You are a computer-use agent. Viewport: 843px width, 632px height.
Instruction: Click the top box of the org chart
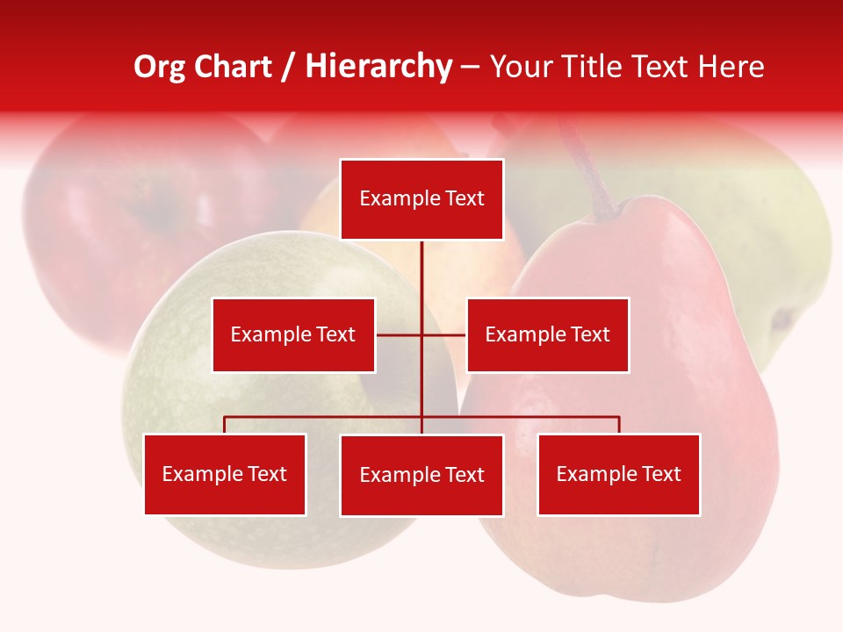[421, 199]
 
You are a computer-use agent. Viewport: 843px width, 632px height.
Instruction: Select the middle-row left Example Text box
[293, 334]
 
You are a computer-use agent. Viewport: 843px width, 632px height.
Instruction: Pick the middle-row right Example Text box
[547, 334]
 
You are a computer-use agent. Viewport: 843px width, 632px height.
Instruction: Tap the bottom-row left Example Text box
[225, 474]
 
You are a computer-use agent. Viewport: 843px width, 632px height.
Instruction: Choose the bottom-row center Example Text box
[421, 475]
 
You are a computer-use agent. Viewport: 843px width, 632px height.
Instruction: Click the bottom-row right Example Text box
[618, 474]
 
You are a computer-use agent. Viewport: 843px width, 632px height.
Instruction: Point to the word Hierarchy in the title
[378, 67]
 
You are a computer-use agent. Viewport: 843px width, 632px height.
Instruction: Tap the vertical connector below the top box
[421, 272]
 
